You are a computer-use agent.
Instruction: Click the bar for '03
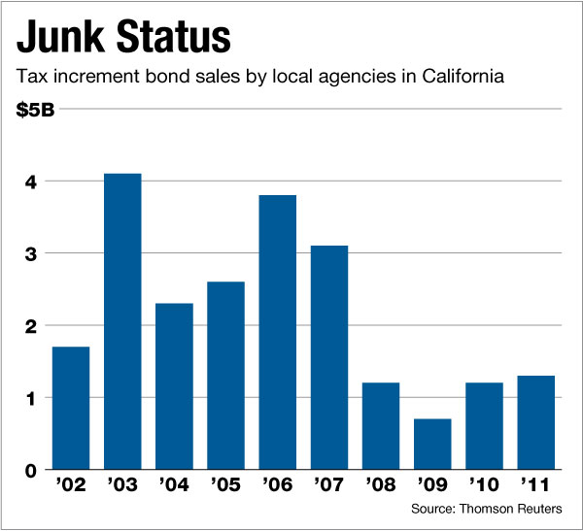pyautogui.click(x=122, y=321)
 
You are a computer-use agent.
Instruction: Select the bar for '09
pyautogui.click(x=431, y=445)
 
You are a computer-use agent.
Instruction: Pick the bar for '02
pyautogui.click(x=71, y=409)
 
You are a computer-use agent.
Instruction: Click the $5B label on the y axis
pyautogui.click(x=36, y=109)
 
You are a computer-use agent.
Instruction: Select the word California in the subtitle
pyautogui.click(x=455, y=75)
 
